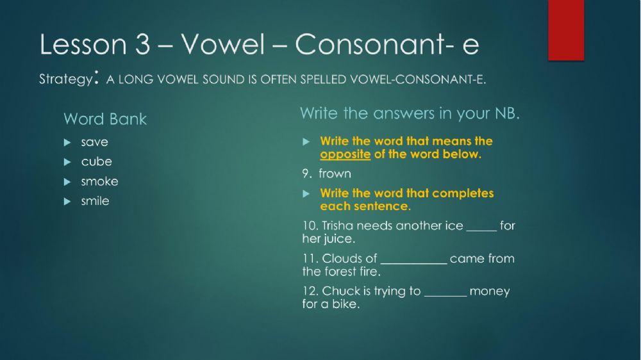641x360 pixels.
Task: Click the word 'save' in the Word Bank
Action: (94, 142)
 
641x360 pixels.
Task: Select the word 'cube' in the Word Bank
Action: (96, 161)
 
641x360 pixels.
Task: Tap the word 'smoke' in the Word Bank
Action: (99, 181)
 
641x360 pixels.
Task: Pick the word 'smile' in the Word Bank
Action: (95, 201)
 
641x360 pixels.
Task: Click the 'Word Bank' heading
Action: (105, 119)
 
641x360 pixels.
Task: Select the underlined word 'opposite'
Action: (345, 154)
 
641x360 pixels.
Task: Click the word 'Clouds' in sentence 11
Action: (342, 259)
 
